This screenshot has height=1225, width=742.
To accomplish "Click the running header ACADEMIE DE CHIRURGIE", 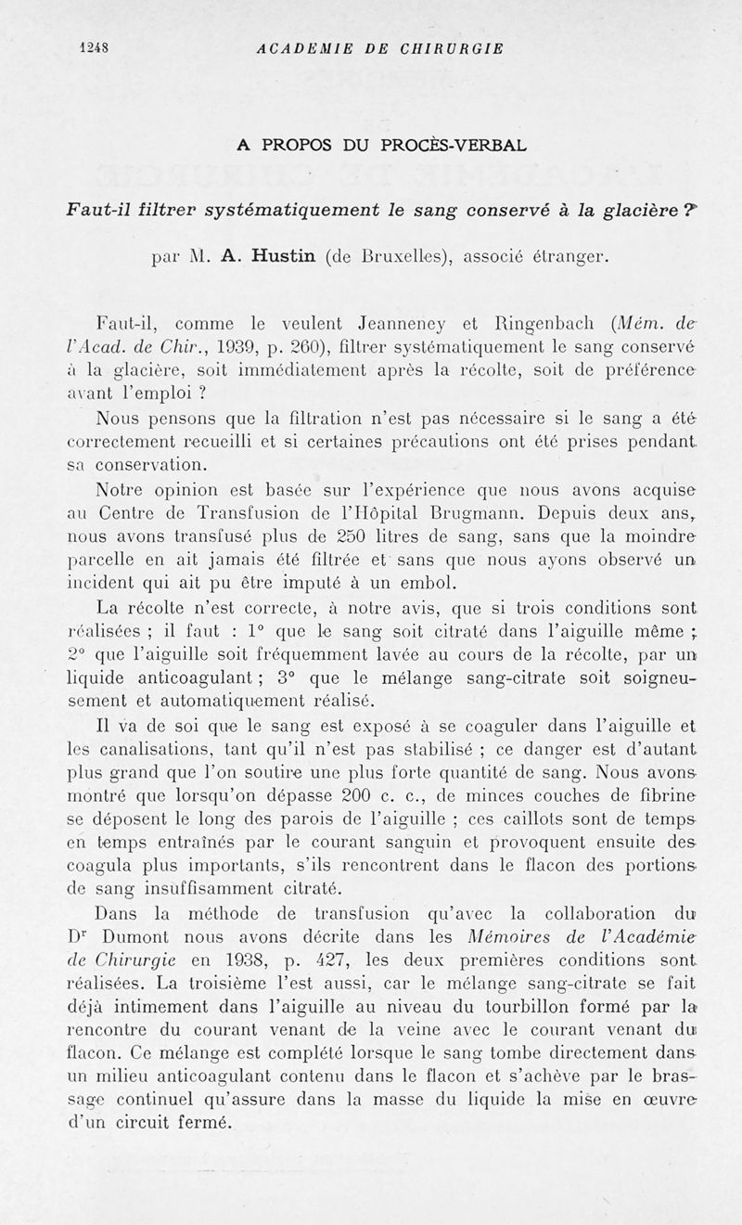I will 379,49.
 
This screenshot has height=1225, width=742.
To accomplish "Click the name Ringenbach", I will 517,327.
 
